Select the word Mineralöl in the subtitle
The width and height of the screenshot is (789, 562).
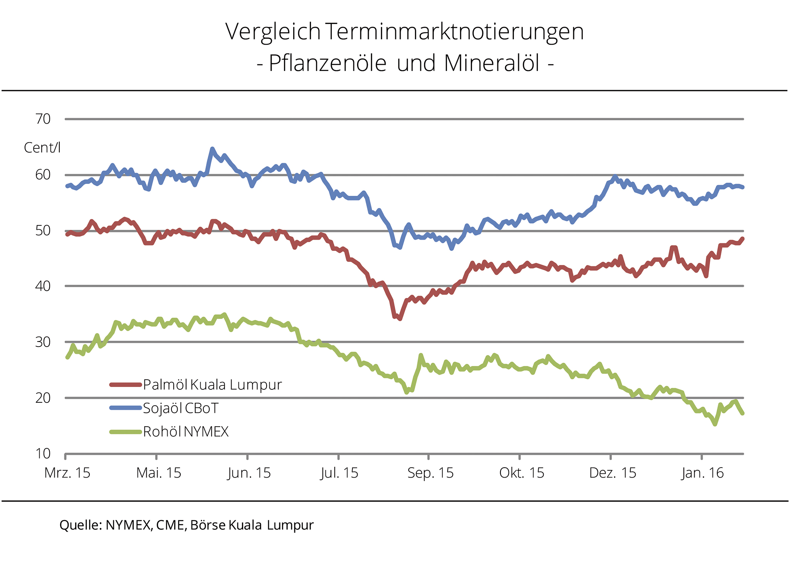click(x=492, y=63)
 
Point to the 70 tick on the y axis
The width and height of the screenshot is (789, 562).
click(x=43, y=119)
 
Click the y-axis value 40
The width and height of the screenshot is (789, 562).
click(x=43, y=286)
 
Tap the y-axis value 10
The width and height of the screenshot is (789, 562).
click(x=43, y=454)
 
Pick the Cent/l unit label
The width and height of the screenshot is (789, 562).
click(x=42, y=148)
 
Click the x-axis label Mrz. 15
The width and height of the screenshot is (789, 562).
click(x=67, y=473)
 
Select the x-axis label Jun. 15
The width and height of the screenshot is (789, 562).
click(x=249, y=473)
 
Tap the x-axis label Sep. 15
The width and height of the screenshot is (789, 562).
click(x=430, y=473)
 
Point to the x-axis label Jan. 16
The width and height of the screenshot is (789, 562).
click(x=703, y=473)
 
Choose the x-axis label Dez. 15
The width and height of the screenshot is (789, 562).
click(x=613, y=473)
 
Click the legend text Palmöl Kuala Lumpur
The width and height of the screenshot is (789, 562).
click(x=212, y=385)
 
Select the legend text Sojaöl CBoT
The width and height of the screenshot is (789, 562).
click(x=180, y=408)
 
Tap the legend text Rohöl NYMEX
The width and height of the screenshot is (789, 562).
click(x=186, y=432)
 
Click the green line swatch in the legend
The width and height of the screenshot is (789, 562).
click(x=125, y=432)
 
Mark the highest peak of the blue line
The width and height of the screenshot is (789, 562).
click(x=212, y=149)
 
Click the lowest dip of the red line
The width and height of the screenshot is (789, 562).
click(x=400, y=318)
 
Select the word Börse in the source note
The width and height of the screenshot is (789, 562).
click(x=208, y=525)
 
